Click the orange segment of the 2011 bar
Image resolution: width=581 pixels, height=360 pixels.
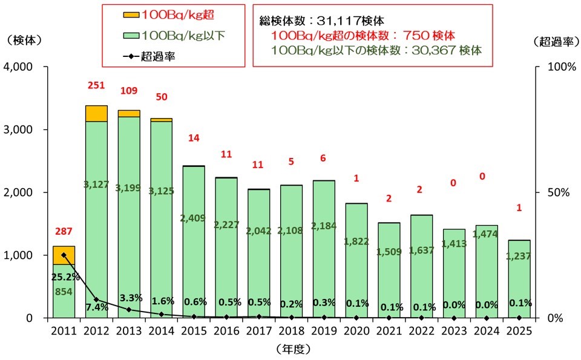coord(64,255)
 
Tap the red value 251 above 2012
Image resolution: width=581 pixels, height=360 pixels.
coord(96,87)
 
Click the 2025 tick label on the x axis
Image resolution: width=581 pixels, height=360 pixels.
coord(519,330)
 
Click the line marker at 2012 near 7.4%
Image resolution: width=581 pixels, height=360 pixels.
coord(96,299)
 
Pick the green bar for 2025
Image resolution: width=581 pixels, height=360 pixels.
coord(519,284)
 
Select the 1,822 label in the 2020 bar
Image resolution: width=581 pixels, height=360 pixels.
coord(356,241)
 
